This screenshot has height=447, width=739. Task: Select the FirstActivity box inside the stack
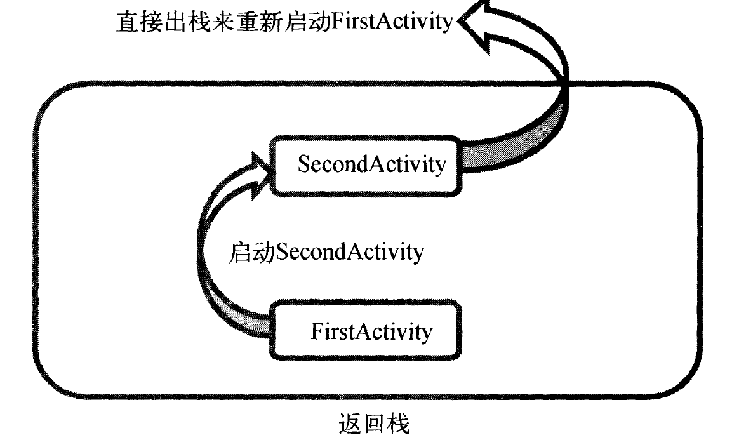pos(367,331)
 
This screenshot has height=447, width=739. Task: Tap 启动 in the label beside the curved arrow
pos(251,252)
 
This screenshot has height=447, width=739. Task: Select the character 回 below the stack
pos(372,424)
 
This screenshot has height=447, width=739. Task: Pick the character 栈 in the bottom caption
pos(397,424)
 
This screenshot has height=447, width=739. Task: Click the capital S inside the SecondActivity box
pos(303,164)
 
